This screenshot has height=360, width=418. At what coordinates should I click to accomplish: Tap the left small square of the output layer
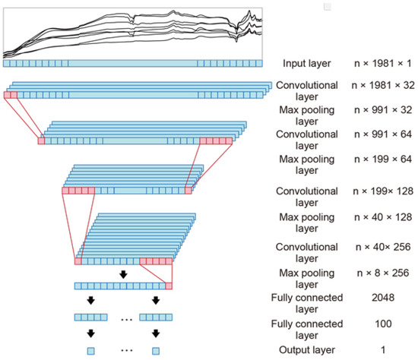coord(90,351)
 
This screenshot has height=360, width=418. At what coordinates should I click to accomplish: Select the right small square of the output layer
coord(156,351)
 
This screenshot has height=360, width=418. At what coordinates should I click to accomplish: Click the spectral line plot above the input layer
coord(133,32)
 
